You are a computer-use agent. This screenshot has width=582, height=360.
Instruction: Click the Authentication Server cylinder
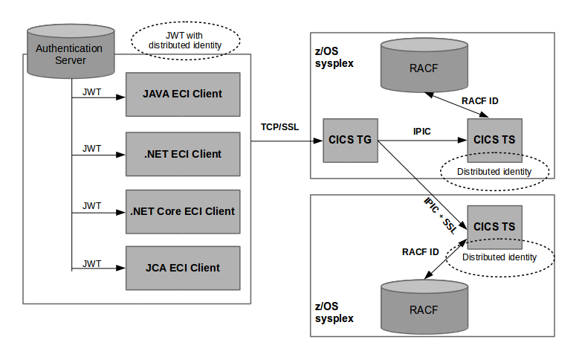(x=70, y=53)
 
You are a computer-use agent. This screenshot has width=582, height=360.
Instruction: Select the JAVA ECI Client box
(x=183, y=94)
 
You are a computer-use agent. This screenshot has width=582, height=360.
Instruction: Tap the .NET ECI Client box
(x=183, y=154)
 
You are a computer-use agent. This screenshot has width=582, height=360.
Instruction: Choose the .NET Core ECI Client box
(x=183, y=211)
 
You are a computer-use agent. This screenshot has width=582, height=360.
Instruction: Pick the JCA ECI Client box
(x=183, y=268)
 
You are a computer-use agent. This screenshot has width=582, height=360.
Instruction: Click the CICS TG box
(x=350, y=139)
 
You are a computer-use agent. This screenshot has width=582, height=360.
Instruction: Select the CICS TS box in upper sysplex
(x=494, y=138)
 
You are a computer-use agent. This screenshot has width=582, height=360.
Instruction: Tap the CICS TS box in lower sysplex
(x=494, y=227)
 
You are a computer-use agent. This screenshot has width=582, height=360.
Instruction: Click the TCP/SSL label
(x=279, y=126)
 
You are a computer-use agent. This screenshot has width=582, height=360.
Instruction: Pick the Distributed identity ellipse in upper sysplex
(x=494, y=171)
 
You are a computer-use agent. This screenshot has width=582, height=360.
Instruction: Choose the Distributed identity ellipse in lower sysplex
(x=499, y=257)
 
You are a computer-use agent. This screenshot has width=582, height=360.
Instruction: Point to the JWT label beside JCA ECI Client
(x=91, y=263)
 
